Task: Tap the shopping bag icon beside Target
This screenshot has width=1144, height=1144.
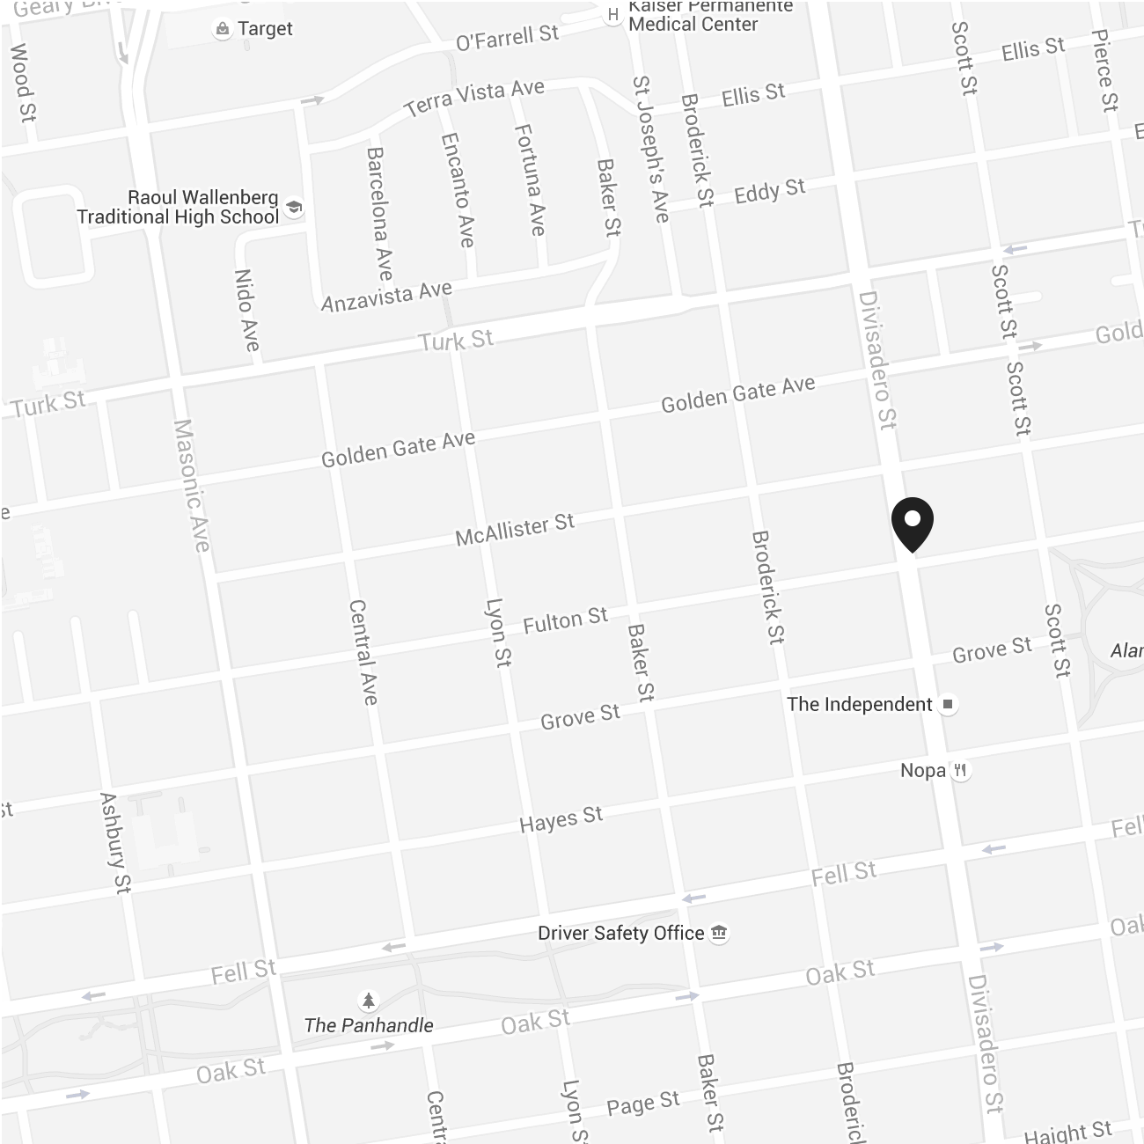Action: click(x=222, y=30)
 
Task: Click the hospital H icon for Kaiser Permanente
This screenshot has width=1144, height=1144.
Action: click(x=613, y=15)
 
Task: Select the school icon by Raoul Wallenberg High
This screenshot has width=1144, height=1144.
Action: click(x=294, y=209)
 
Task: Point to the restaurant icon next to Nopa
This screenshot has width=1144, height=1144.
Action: click(x=961, y=771)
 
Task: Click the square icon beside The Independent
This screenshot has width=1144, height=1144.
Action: click(x=948, y=704)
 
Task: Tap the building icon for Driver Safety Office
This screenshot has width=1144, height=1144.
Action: click(x=719, y=933)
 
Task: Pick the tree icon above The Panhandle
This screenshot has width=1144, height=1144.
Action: click(x=369, y=1001)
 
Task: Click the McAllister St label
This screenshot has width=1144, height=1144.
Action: click(x=515, y=529)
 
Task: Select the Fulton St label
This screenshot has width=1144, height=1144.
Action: click(x=565, y=621)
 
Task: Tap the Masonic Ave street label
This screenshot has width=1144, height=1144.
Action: click(x=192, y=485)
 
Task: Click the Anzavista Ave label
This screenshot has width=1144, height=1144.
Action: click(x=386, y=297)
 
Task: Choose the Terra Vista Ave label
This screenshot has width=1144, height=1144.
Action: click(x=474, y=97)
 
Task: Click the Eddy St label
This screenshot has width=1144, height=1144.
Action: click(x=770, y=191)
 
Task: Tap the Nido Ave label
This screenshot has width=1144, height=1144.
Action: click(x=247, y=310)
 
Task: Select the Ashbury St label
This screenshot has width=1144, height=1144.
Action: click(x=115, y=842)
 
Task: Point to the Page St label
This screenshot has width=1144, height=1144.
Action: click(x=643, y=1104)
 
